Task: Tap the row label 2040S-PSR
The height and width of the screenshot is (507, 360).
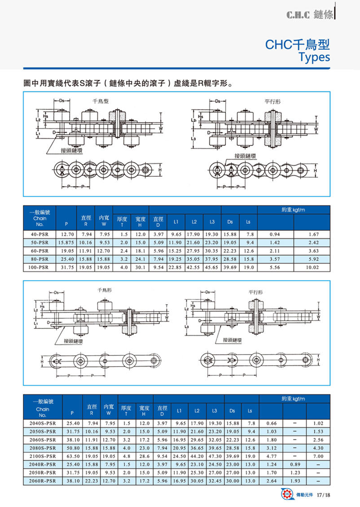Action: (x=42, y=423)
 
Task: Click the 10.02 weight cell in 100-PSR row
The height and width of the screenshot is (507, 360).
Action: (x=312, y=268)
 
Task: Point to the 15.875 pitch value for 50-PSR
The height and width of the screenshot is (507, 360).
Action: (x=66, y=243)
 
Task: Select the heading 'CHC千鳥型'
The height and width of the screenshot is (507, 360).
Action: (x=298, y=45)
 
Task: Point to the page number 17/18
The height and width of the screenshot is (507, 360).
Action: (x=323, y=495)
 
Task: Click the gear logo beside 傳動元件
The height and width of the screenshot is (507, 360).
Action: (x=287, y=495)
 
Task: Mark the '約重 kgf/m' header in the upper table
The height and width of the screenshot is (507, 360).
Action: (x=293, y=210)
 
